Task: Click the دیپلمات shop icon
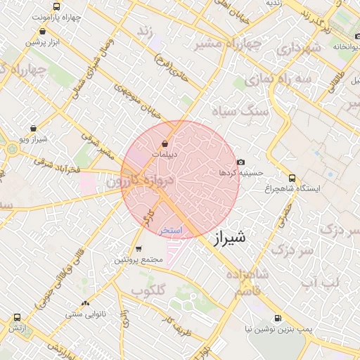[165, 144]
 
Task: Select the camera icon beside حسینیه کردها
[240, 162]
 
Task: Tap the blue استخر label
[170, 231]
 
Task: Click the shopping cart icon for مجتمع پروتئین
[139, 249]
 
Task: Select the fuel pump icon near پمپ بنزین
[278, 318]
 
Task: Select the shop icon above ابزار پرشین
[44, 32]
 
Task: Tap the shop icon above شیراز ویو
[34, 129]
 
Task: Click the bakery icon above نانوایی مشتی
[86, 303]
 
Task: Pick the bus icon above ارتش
[16, 316]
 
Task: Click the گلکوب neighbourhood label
[148, 290]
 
